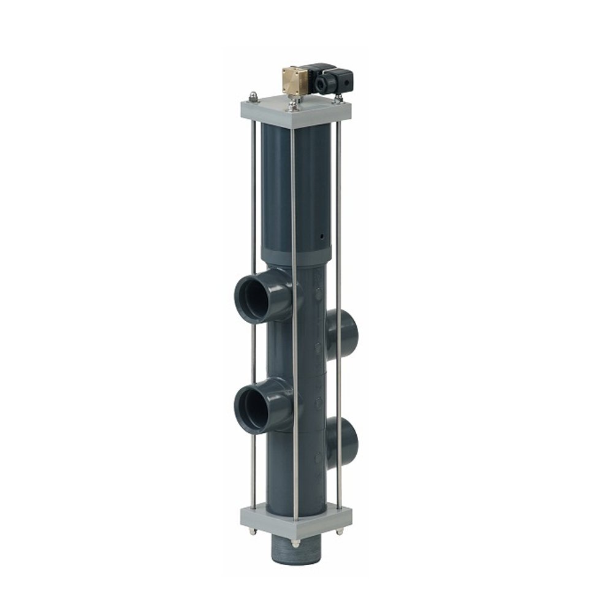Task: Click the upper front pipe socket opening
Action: (254, 299)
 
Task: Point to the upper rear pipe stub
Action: (345, 332)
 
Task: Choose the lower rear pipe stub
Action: (345, 443)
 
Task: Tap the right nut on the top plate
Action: (337, 97)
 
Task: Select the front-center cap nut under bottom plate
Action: (295, 543)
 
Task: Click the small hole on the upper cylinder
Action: (320, 235)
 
